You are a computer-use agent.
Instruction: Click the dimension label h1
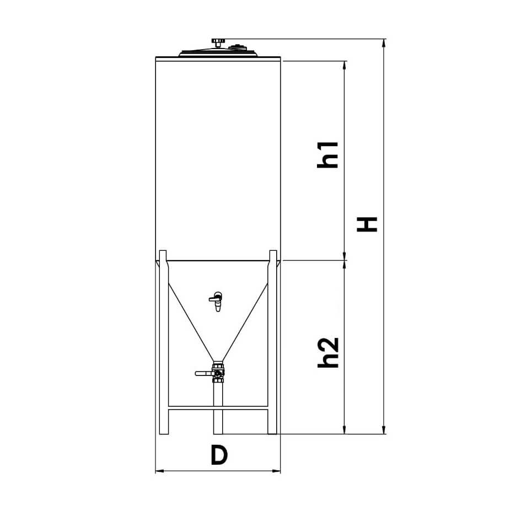[x=328, y=155]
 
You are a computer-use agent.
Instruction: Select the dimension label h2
[x=328, y=352]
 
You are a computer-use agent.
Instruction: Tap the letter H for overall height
[x=367, y=224]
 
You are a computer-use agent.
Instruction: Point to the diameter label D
[x=219, y=455]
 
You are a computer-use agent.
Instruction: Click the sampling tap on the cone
[x=216, y=301]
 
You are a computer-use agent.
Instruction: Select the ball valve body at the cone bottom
[x=218, y=373]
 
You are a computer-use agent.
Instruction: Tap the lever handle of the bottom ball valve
[x=204, y=374]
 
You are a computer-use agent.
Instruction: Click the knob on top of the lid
[x=218, y=42]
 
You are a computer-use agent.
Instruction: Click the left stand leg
[x=164, y=342]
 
